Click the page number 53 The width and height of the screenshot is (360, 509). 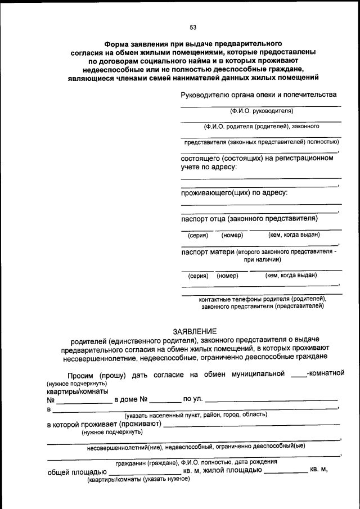point(193,27)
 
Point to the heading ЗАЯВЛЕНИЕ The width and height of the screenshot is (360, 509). point(194,331)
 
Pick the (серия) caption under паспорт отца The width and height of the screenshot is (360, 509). point(198,235)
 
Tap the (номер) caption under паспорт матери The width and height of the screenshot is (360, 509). point(227,276)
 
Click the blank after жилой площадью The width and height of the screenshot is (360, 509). point(285,471)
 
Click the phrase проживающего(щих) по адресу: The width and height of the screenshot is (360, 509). point(234,193)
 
